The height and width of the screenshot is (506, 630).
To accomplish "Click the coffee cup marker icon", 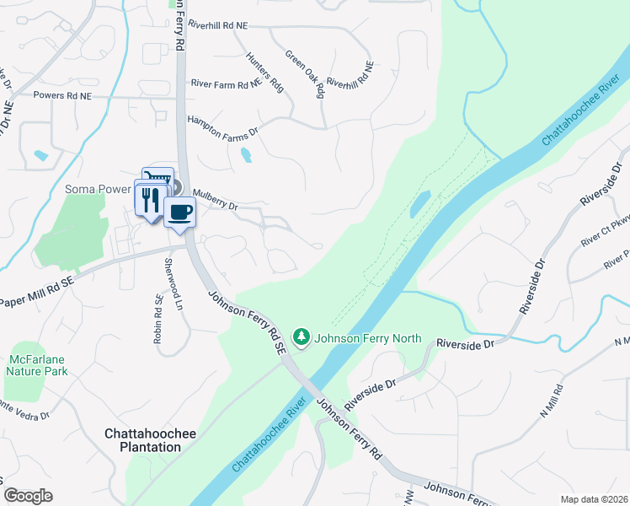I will tap(180, 212).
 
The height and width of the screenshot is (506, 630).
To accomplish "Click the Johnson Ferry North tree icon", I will tap(302, 338).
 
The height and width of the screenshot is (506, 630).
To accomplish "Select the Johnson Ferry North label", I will tap(367, 339).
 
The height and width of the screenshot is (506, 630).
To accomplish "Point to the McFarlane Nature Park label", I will tap(35, 364).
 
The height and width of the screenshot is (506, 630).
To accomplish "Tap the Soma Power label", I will tap(96, 189).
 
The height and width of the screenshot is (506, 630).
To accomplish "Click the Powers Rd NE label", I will tap(61, 96).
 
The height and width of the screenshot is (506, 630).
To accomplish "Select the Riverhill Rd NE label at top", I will tap(218, 26).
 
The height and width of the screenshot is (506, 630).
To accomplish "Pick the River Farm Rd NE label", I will tap(227, 84).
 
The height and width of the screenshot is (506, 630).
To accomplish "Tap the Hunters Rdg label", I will tap(264, 73).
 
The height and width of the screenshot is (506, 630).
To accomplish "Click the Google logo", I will tap(29, 495).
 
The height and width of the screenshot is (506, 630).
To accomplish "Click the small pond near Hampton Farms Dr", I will tap(245, 155).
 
